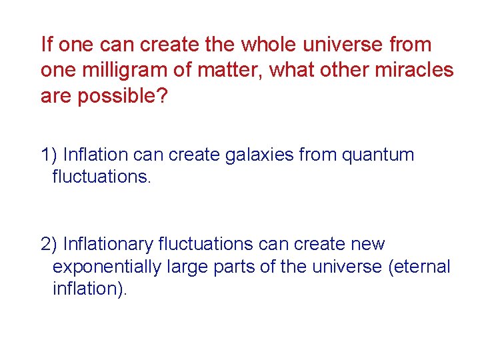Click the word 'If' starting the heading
(46, 45)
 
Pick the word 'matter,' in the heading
(229, 70)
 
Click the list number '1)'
(48, 155)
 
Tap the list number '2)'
(48, 245)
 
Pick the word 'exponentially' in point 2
(105, 267)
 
